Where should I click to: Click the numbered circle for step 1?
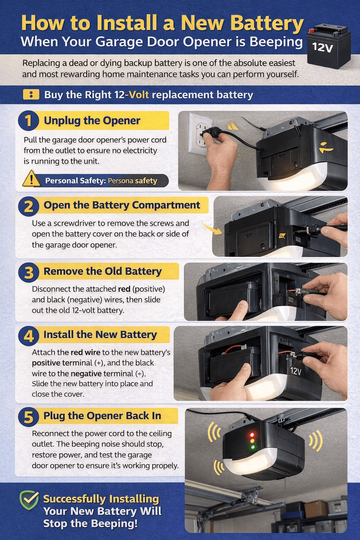pyautogui.click(x=28, y=121)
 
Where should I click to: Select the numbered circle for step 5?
pyautogui.click(x=28, y=417)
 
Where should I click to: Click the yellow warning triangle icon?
pyautogui.click(x=31, y=179)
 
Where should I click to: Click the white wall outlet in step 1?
pyautogui.click(x=200, y=134)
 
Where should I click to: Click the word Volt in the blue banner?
pyautogui.click(x=139, y=95)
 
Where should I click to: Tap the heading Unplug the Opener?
pyautogui.click(x=92, y=121)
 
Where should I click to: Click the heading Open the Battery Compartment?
pyautogui.click(x=122, y=205)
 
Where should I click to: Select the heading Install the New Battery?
pyautogui.click(x=100, y=335)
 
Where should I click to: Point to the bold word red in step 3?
pyautogui.click(x=124, y=289)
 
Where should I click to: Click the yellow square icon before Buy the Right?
pyautogui.click(x=31, y=95)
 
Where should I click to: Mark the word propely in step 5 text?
pyautogui.click(x=166, y=465)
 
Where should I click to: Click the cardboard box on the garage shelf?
pyautogui.click(x=315, y=508)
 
